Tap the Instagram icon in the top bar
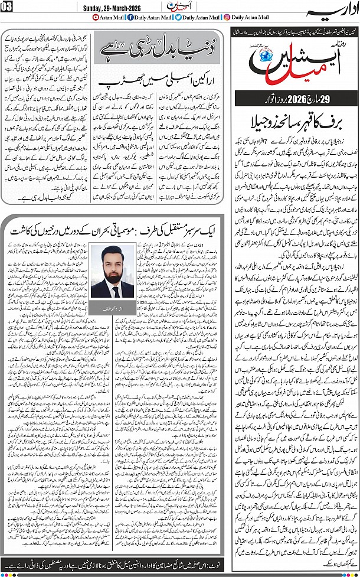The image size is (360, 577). click(227, 17)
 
